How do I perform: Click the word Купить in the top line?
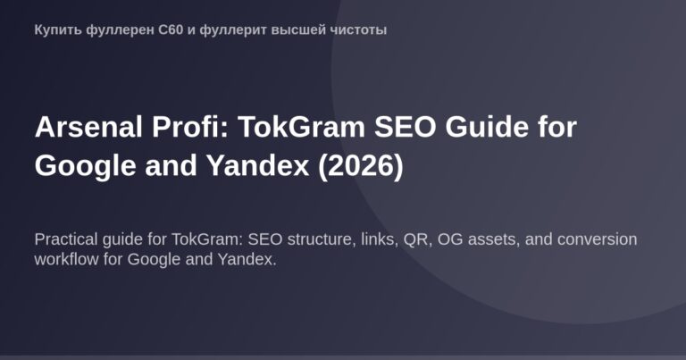54,29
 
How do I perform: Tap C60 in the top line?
157,29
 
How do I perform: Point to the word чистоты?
356,29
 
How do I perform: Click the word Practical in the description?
68,240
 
